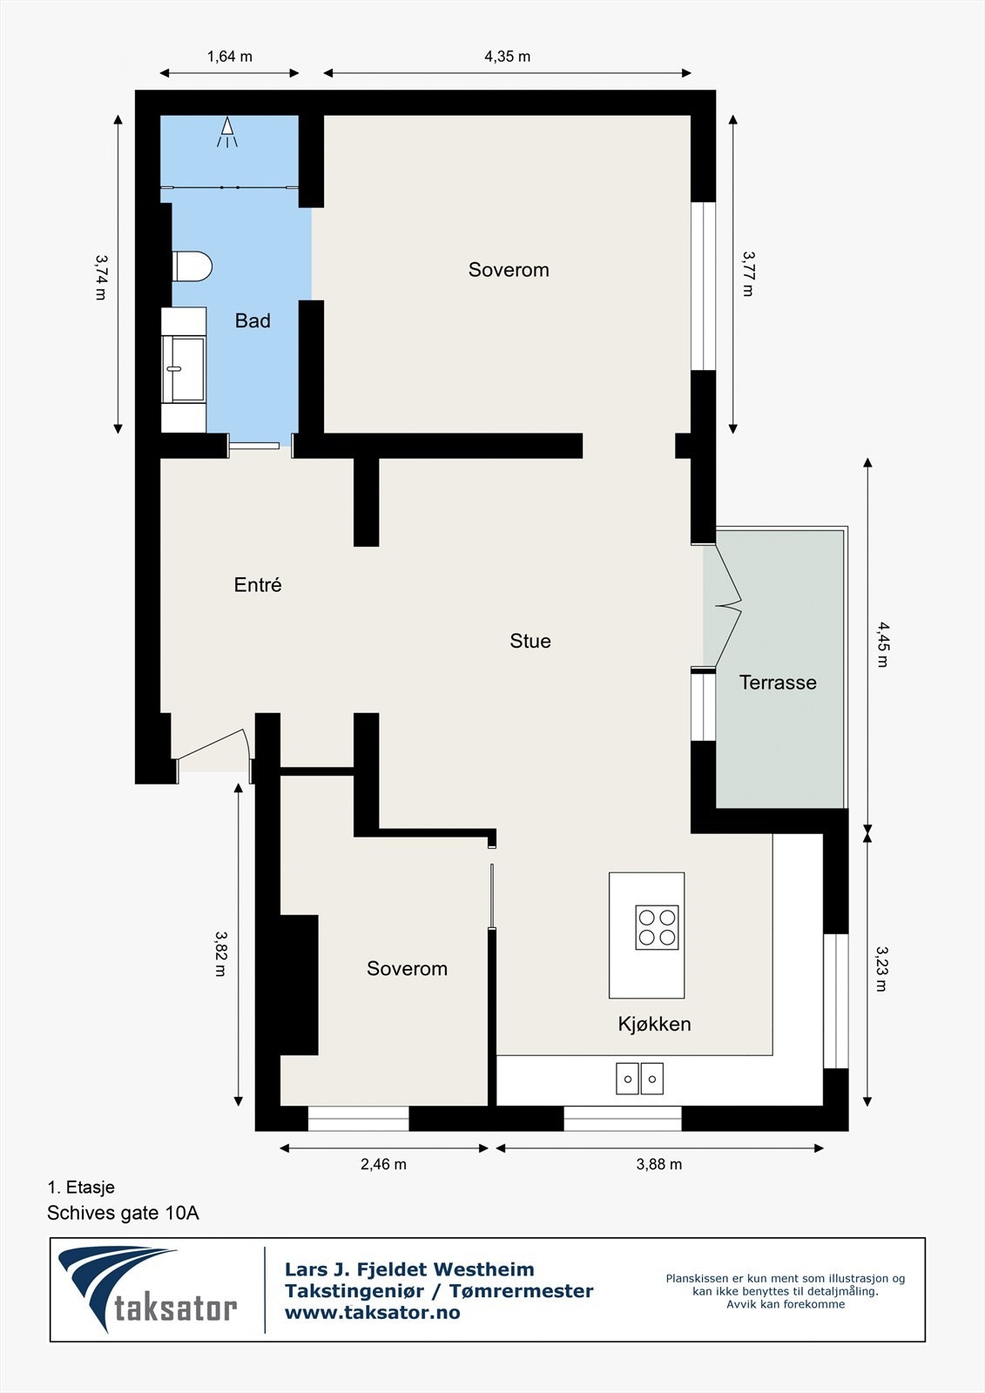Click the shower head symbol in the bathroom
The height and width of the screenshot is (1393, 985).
[227, 131]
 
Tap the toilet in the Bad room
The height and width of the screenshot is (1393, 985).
[192, 266]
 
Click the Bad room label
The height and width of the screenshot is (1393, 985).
[253, 321]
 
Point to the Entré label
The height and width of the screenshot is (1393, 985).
[258, 584]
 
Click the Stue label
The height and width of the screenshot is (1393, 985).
[530, 641]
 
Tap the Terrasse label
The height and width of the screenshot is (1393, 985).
[778, 683]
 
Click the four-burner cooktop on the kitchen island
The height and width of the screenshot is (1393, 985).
[657, 927]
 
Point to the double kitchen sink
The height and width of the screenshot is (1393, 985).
[639, 1079]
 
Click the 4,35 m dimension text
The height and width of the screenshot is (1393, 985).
[507, 57]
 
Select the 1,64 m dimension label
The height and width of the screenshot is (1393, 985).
[230, 57]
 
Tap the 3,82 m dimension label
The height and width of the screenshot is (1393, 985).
[220, 953]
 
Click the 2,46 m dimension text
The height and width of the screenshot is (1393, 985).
[383, 1164]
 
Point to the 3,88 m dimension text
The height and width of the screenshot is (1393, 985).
[659, 1164]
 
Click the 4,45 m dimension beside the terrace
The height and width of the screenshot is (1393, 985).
[882, 644]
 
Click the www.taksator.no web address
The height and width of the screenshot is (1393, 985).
[372, 1313]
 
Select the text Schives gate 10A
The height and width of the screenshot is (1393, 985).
[123, 1213]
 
